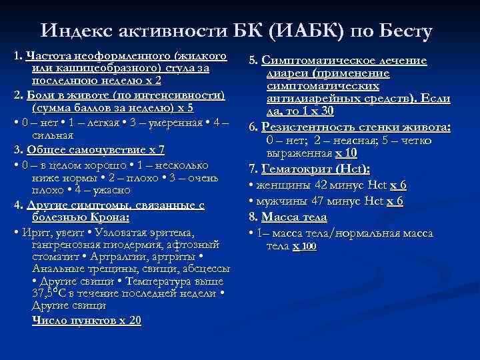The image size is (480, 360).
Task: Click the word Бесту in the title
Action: [x=403, y=31]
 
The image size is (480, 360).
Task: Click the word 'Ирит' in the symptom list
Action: [x=34, y=233]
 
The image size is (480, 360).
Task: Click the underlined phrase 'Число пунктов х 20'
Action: [x=86, y=321]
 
